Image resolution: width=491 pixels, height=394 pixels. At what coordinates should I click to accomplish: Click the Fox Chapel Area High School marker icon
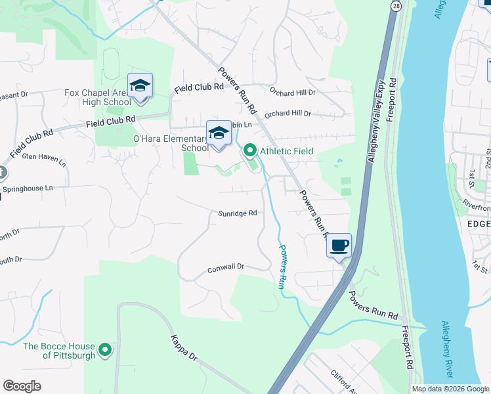140,87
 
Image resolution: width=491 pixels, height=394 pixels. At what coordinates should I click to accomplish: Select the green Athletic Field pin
249,151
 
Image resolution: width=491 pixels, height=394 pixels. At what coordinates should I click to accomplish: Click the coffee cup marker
339,246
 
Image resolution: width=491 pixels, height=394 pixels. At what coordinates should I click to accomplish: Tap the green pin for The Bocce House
105,351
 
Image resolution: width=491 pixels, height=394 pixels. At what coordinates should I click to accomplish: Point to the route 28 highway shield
396,5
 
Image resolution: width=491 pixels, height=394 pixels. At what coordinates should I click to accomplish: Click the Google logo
22,386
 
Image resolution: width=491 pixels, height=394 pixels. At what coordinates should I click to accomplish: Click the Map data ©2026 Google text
450,389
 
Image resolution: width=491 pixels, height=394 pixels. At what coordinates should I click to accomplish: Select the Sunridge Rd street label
237,213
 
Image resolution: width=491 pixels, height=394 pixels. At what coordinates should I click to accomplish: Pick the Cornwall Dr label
226,267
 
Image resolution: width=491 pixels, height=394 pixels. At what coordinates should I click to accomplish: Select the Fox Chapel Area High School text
97,97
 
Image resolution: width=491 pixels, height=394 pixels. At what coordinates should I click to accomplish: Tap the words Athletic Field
286,151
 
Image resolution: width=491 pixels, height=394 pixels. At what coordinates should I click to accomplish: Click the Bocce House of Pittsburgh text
59,351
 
